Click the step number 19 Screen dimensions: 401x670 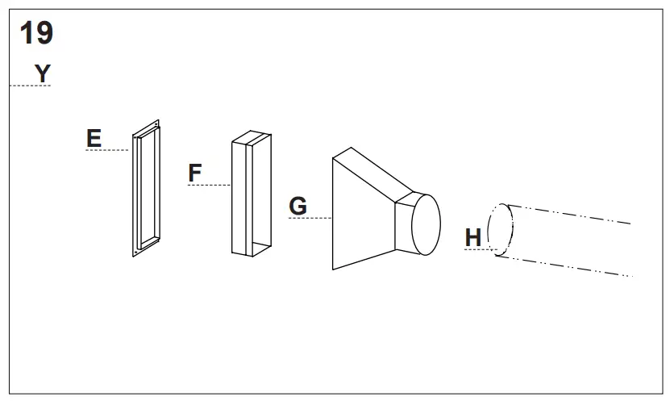[x=36, y=34]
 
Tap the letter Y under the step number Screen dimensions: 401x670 [x=42, y=73]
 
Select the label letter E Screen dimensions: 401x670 [x=94, y=138]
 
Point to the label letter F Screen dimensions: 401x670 [x=195, y=173]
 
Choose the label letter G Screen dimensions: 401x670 [x=298, y=207]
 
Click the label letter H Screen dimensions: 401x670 [x=473, y=237]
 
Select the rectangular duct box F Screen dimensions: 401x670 [x=252, y=194]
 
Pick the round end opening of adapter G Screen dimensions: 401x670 [x=427, y=223]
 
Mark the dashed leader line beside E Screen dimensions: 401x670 [x=108, y=150]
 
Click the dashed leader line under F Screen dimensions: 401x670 [x=210, y=185]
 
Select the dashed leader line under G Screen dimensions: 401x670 [x=311, y=218]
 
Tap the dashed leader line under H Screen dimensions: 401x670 [x=479, y=249]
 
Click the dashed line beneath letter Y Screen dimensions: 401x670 [x=30, y=86]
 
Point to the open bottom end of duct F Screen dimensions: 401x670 [x=252, y=248]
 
